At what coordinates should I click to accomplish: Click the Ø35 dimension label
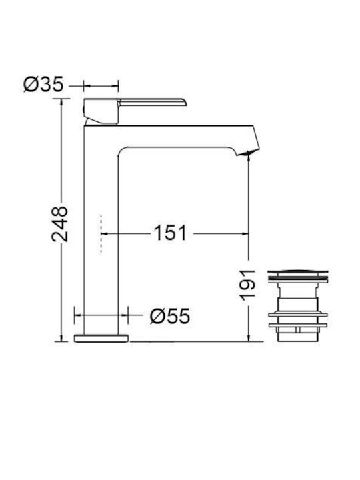pos(43,84)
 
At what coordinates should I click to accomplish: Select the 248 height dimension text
pos(60,224)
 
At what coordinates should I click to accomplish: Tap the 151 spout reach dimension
pos(170,233)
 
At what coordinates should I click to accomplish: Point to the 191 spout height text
pos(247,285)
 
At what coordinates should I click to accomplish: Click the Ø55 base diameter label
pos(170,315)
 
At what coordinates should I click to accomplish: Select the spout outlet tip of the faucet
pos(248,151)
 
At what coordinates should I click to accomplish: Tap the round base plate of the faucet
pos(101,338)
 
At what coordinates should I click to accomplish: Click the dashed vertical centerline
pos(101,234)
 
